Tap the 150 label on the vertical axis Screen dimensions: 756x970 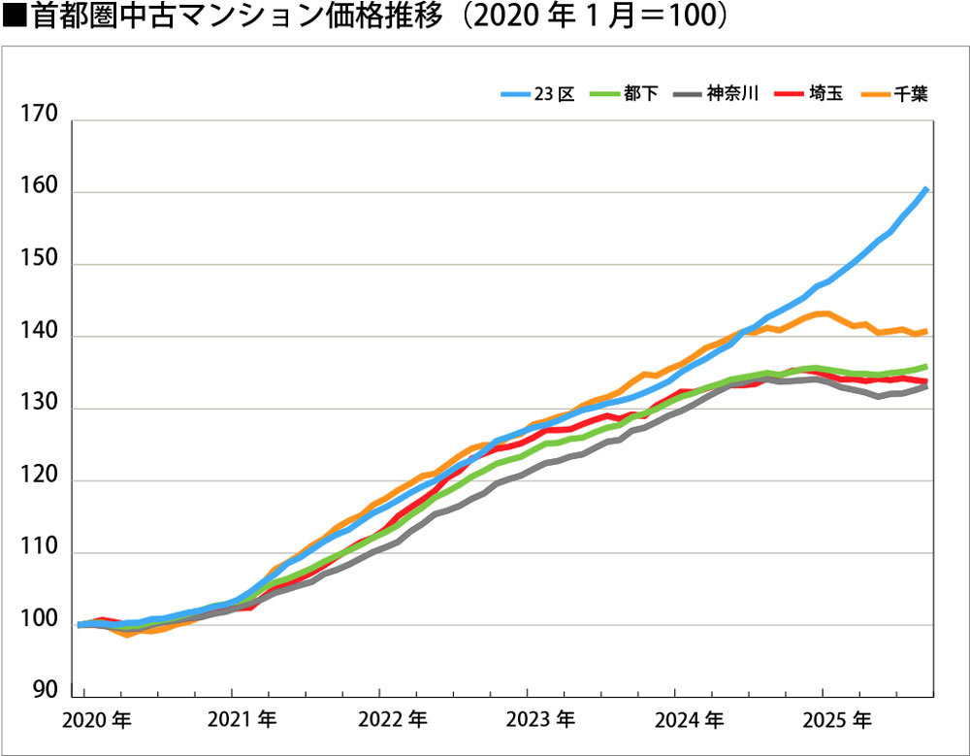40,263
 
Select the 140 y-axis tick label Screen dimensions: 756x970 40,335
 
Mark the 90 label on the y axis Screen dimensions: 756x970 46,691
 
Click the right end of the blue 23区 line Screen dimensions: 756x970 928,187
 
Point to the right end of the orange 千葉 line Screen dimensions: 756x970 928,331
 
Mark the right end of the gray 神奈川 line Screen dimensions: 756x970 928,386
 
